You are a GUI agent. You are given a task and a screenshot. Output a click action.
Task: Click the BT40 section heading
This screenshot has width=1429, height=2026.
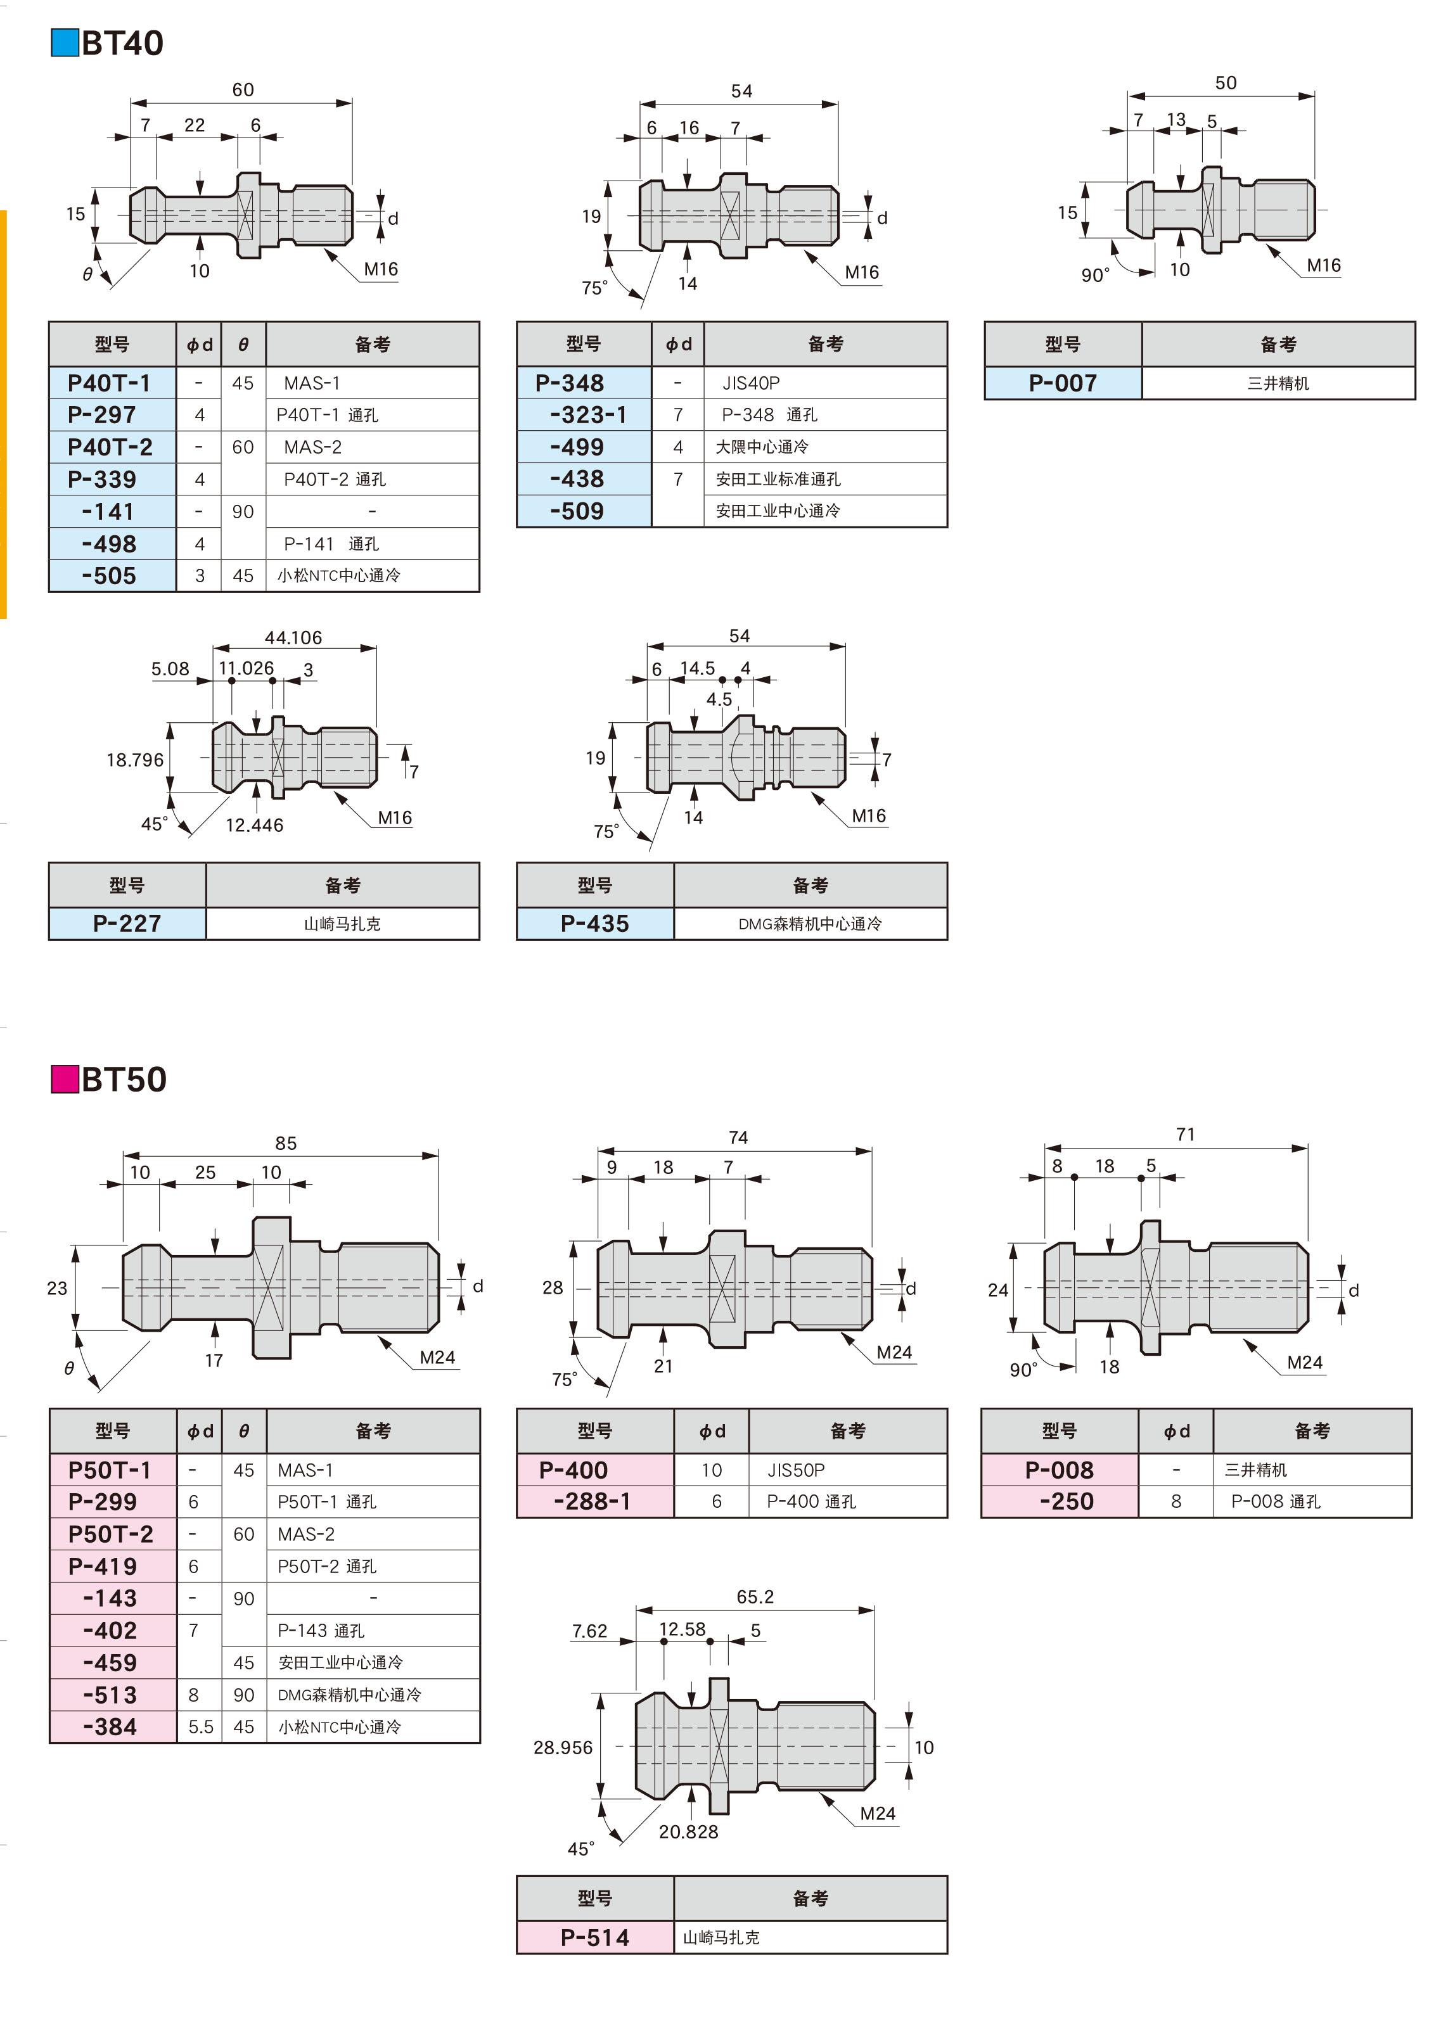coord(122,43)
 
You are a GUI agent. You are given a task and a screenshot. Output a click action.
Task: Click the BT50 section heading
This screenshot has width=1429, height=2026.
coord(124,1079)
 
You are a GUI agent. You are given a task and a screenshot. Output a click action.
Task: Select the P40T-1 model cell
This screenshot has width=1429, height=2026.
coord(110,383)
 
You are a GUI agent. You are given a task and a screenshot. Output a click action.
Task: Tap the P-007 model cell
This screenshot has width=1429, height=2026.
coord(1063,383)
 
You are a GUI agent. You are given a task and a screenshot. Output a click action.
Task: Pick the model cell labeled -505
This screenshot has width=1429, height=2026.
coord(110,575)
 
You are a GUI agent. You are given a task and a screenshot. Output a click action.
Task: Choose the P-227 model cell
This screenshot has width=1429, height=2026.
coord(127,923)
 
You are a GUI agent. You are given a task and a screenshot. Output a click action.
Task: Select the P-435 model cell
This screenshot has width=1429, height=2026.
coord(595,923)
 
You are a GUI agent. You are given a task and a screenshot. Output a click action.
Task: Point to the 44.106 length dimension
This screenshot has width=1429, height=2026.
coord(293,637)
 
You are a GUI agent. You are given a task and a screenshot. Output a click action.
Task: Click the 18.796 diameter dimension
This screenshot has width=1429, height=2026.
coord(135,760)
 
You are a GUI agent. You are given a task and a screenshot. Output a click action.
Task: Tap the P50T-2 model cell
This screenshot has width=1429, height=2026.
coord(110,1534)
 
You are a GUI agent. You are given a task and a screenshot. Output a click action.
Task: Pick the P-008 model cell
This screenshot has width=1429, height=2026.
coord(1059,1470)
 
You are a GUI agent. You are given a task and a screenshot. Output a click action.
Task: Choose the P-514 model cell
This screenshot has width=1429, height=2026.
coord(595,1938)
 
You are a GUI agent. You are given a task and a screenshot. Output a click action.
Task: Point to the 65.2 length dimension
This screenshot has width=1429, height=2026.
coord(755,1596)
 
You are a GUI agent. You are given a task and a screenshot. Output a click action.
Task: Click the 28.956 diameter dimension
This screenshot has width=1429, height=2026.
coord(563,1747)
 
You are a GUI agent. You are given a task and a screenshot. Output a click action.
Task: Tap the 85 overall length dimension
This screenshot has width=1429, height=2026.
coord(286,1143)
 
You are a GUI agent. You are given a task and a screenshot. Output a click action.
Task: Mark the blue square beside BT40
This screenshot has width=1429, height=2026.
coord(65,43)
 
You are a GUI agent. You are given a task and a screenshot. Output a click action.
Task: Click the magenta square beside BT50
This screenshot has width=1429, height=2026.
coord(65,1079)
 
